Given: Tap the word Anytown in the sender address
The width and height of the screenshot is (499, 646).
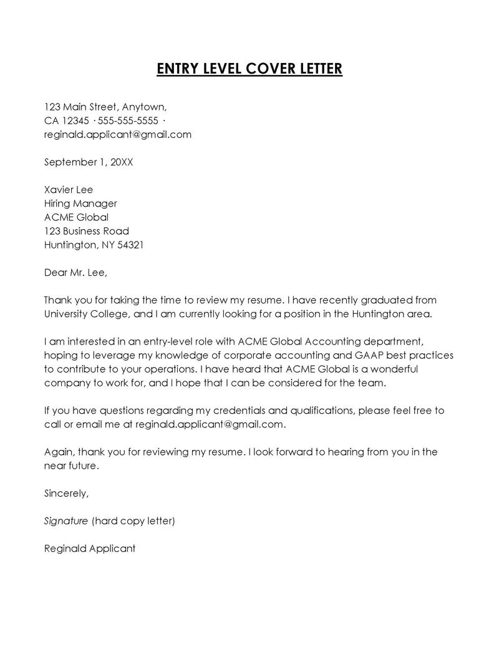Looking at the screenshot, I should (x=144, y=106).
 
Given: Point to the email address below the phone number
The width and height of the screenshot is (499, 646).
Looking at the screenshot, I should (x=117, y=134).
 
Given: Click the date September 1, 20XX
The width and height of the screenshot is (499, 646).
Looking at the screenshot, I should (x=89, y=162).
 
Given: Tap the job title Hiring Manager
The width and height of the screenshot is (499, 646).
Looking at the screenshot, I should (x=80, y=203).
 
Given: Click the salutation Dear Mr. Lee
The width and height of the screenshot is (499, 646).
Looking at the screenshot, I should (x=75, y=272).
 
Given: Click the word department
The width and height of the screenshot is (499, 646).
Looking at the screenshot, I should (x=393, y=341).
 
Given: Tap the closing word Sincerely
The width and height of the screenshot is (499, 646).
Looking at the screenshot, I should (x=67, y=493).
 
